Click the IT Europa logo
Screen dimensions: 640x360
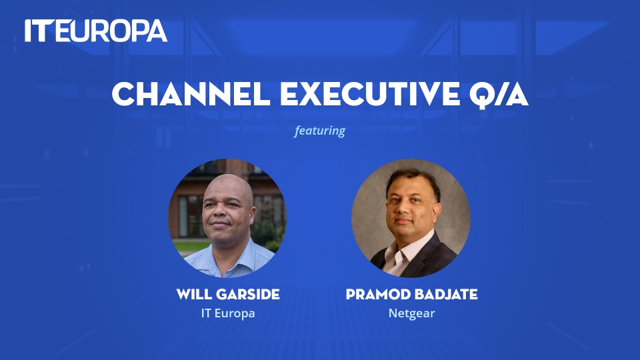coord(96,31)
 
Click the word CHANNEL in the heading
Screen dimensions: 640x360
coord(191,94)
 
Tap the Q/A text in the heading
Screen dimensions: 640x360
coord(499,95)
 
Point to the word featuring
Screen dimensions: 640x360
coord(319,131)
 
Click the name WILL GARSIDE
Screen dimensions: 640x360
coord(228,294)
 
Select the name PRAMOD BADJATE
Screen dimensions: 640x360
coord(411,294)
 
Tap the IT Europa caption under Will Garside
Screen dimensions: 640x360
coord(228,313)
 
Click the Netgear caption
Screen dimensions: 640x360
coord(411,313)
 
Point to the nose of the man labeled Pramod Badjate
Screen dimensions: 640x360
coord(402,209)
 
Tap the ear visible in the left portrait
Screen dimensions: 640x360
coord(251,216)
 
